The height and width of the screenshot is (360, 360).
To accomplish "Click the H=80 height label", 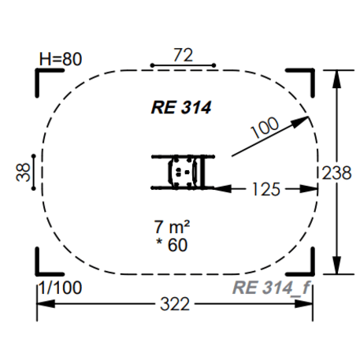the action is [61, 59].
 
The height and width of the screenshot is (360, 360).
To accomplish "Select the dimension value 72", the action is [183, 55].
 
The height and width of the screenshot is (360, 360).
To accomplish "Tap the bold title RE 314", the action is [181, 107].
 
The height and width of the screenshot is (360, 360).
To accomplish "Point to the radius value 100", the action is [265, 127].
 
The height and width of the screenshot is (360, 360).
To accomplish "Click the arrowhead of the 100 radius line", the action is [301, 122].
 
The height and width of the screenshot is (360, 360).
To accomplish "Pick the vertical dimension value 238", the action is [336, 173].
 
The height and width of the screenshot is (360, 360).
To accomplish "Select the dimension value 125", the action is [266, 189].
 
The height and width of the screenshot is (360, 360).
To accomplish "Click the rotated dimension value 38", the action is [23, 173].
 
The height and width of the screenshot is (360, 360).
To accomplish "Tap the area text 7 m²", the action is [172, 227].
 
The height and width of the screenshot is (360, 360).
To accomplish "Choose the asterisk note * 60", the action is [172, 245].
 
